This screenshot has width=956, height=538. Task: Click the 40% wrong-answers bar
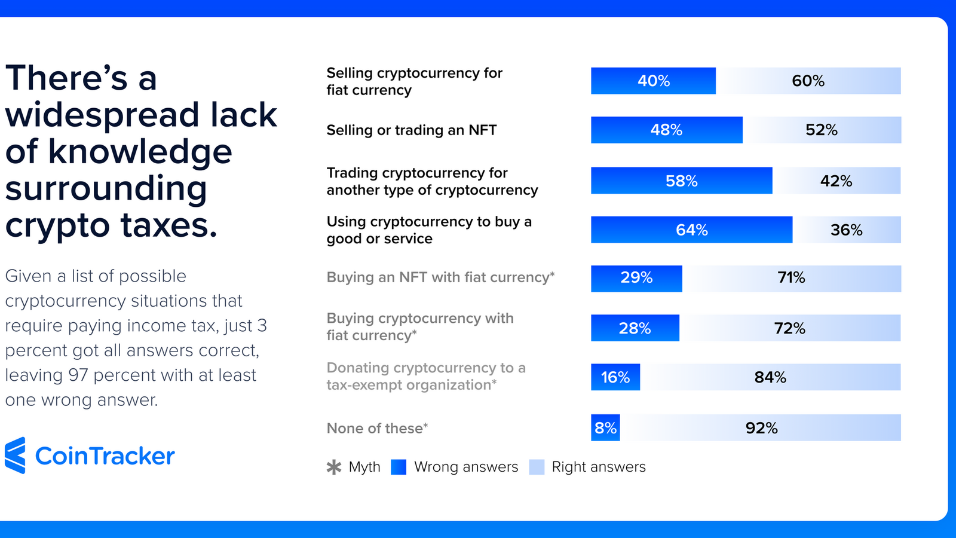pyautogui.click(x=653, y=81)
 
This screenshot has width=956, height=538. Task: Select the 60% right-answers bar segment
pyautogui.click(x=808, y=81)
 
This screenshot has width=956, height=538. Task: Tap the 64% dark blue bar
pyautogui.click(x=691, y=230)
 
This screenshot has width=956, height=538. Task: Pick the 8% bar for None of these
pyautogui.click(x=605, y=427)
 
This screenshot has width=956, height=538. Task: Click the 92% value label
pyautogui.click(x=761, y=428)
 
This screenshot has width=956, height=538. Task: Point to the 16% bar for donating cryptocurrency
pyautogui.click(x=615, y=377)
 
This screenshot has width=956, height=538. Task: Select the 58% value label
pyautogui.click(x=681, y=181)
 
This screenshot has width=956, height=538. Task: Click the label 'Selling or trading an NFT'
pyautogui.click(x=411, y=130)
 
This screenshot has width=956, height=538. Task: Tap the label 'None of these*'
pyautogui.click(x=377, y=429)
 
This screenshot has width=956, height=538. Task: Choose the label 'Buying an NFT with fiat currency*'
pyautogui.click(x=440, y=277)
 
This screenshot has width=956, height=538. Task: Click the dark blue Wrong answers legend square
pyautogui.click(x=399, y=467)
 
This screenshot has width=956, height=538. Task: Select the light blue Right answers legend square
pyautogui.click(x=537, y=467)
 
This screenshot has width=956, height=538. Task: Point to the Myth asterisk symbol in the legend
pyautogui.click(x=334, y=467)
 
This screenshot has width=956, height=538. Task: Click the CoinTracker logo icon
pyautogui.click(x=16, y=456)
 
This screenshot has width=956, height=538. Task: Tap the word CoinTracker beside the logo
pyautogui.click(x=105, y=456)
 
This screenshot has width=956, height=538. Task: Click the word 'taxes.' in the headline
pyautogui.click(x=169, y=226)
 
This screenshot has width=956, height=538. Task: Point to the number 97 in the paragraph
pyautogui.click(x=78, y=375)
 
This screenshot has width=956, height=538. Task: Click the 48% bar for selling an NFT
pyautogui.click(x=666, y=130)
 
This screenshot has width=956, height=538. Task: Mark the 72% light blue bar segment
pyautogui.click(x=789, y=328)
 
